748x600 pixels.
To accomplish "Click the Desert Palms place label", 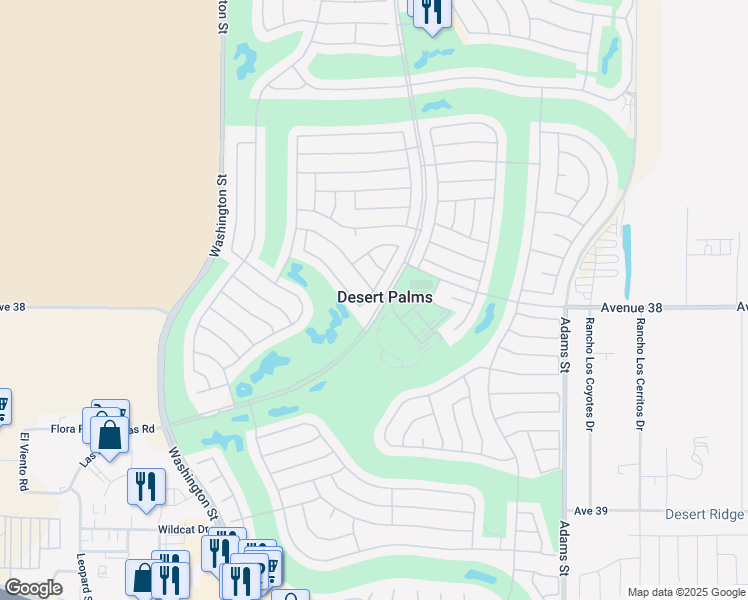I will click(x=385, y=297).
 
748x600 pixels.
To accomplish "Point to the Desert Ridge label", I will click(x=705, y=514).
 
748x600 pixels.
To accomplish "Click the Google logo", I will click(x=33, y=588).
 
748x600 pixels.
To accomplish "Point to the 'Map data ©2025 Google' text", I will click(x=685, y=592).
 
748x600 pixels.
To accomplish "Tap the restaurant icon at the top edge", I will click(x=431, y=10).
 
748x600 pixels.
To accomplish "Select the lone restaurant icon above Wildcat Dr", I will click(x=146, y=486).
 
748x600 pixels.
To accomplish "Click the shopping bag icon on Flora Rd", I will click(x=109, y=435).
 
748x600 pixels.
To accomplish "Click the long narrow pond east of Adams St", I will click(x=627, y=249).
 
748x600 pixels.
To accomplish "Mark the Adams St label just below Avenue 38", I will click(x=564, y=346).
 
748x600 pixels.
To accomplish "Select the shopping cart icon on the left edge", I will click(x=3, y=405).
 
